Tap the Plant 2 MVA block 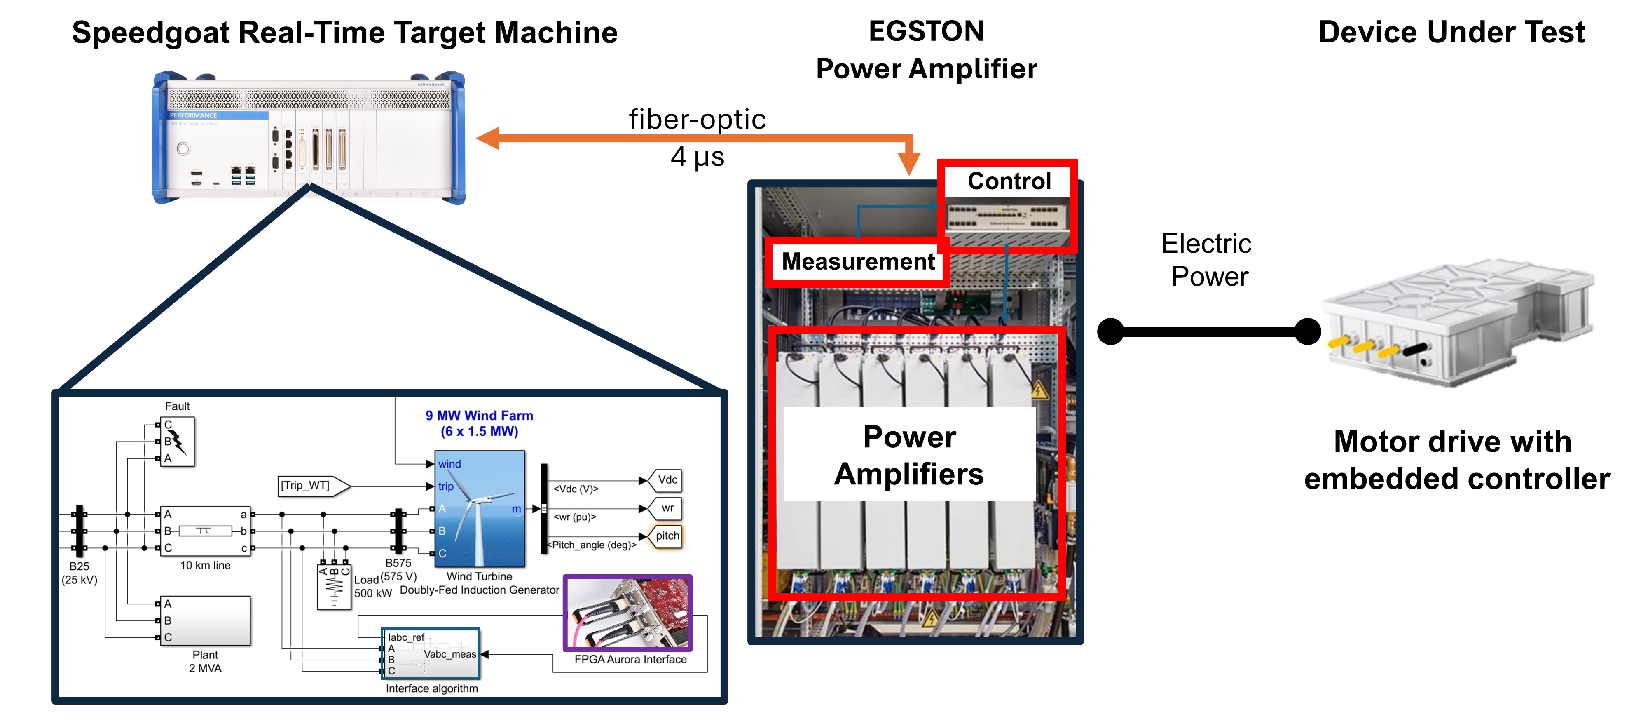205,620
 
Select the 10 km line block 205,531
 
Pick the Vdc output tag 665,479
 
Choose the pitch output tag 666,536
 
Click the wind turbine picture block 480,508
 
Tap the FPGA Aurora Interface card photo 627,613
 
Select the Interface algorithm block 431,653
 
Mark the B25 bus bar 80,531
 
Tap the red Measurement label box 857,261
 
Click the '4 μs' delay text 698,157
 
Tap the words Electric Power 1207,260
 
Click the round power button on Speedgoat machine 184,149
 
